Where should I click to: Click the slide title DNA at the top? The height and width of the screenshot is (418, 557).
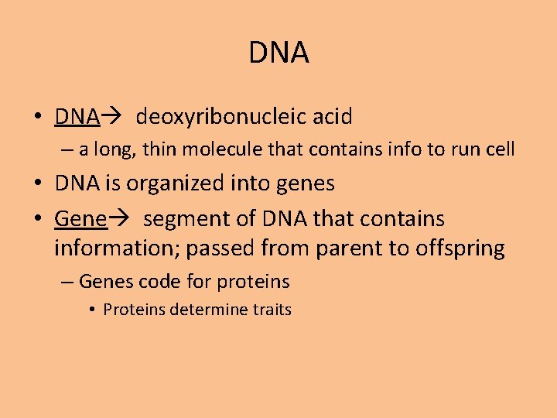278,53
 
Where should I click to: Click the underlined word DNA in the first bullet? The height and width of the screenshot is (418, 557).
77,117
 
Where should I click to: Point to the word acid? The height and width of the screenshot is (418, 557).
332,117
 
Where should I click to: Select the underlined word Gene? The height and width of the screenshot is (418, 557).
80,219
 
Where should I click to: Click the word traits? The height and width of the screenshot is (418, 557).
272,310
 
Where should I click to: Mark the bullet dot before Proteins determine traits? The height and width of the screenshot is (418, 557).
91,310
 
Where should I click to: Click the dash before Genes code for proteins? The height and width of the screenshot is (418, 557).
67,282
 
